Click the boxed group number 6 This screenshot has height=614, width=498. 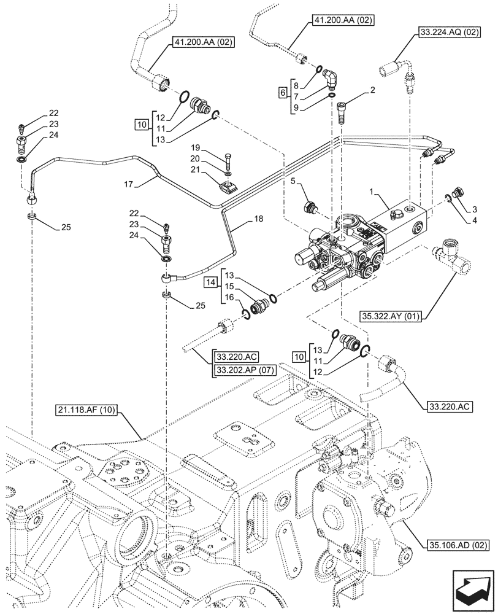(x=282, y=92)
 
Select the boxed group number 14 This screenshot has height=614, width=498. (x=210, y=282)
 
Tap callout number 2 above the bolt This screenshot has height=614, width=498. (x=372, y=90)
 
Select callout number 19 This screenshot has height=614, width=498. (x=195, y=149)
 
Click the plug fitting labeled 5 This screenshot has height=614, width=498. (x=310, y=208)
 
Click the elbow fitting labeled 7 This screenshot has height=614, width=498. (x=331, y=79)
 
